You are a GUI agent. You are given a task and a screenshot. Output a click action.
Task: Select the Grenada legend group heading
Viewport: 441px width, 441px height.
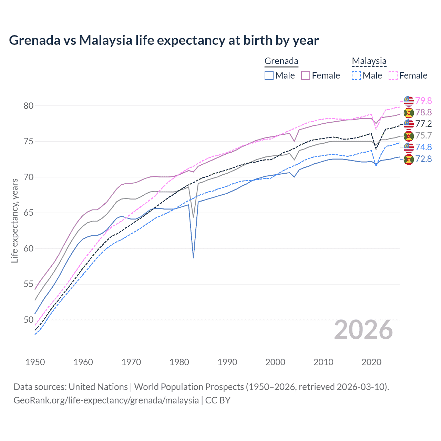click(281, 61)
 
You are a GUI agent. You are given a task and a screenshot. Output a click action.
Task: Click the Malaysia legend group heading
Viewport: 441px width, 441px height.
click(369, 61)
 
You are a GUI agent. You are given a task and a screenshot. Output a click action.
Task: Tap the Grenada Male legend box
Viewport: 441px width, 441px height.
click(269, 75)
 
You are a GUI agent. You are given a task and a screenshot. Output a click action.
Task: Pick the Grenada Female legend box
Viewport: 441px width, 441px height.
click(306, 75)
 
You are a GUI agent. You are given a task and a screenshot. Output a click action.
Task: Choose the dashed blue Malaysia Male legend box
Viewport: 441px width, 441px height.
click(356, 75)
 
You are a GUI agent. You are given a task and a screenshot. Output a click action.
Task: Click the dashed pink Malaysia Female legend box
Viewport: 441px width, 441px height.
click(393, 75)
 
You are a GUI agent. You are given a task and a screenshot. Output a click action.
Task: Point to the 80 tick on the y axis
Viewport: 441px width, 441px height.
click(29, 106)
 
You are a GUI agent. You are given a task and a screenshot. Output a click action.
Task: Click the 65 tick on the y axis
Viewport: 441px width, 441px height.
click(29, 213)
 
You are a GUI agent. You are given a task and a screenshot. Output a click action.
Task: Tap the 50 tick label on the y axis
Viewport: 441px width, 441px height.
click(29, 320)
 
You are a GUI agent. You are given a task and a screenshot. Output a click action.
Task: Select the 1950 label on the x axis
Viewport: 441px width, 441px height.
click(35, 362)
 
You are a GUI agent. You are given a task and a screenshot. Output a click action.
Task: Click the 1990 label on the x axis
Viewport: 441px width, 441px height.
click(227, 362)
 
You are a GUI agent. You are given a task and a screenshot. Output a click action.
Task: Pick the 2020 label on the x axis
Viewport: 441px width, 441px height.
click(371, 362)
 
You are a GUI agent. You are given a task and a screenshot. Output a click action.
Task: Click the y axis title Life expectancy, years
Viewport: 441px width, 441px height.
click(14, 220)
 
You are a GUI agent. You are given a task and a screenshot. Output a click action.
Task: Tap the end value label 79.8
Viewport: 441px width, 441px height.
click(423, 101)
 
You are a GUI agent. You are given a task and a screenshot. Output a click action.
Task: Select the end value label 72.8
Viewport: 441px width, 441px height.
click(423, 159)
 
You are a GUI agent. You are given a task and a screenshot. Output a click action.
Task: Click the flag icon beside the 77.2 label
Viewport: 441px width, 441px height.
click(409, 124)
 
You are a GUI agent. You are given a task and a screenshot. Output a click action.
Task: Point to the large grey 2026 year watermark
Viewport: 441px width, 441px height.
click(363, 330)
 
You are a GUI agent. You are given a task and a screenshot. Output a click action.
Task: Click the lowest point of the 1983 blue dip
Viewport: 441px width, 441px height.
click(193, 257)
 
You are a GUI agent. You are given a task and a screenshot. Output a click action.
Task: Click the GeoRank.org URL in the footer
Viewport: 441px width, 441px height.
click(106, 400)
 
